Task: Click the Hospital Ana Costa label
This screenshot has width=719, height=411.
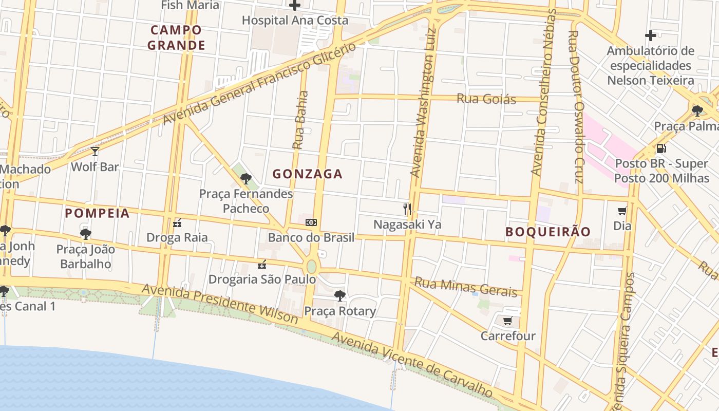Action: [x=295, y=21]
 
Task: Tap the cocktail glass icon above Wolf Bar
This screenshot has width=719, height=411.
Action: [x=95, y=151]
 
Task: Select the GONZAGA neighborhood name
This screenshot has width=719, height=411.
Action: [x=307, y=174]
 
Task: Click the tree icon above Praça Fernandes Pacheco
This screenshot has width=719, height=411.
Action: [x=246, y=179]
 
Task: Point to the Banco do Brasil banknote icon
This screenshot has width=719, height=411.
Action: [x=311, y=222]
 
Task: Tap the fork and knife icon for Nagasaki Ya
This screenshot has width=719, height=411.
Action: [x=407, y=209]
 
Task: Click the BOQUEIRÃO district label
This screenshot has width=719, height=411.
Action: [x=548, y=232]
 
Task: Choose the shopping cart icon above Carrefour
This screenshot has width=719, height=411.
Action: [x=507, y=321]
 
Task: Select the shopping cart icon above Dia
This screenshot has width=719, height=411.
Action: [x=622, y=211]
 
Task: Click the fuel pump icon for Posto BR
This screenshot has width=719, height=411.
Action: [x=661, y=148]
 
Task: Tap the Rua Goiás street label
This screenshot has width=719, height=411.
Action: [x=486, y=99]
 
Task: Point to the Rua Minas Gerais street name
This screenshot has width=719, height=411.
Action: [x=465, y=287]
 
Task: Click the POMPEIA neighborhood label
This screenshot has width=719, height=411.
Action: [x=97, y=213]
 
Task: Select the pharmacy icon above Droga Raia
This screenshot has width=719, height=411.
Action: [x=178, y=223]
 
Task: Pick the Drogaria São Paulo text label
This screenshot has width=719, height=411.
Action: [x=262, y=279]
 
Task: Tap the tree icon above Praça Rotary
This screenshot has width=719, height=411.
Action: [x=339, y=295]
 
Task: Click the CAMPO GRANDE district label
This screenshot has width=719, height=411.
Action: [x=176, y=38]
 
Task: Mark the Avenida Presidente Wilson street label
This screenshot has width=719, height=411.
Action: [x=219, y=304]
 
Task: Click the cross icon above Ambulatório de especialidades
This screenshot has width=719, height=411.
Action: [x=651, y=35]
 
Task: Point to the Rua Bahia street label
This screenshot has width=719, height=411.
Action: [x=300, y=120]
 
